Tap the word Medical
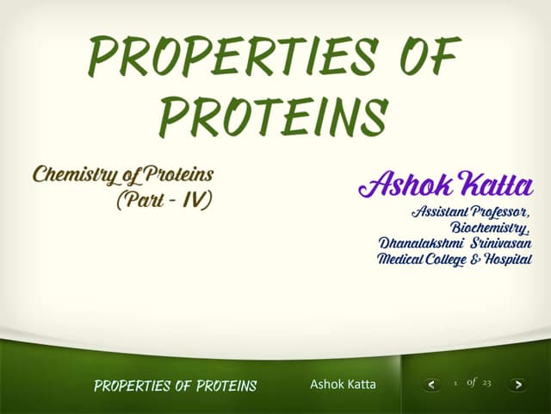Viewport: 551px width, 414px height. tap(404, 260)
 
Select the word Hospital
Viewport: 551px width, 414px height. tap(509, 260)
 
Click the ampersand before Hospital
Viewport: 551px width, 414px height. tap(478, 260)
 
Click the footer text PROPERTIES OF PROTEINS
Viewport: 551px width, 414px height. tap(175, 386)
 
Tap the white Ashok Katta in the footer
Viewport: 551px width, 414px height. tap(343, 384)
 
